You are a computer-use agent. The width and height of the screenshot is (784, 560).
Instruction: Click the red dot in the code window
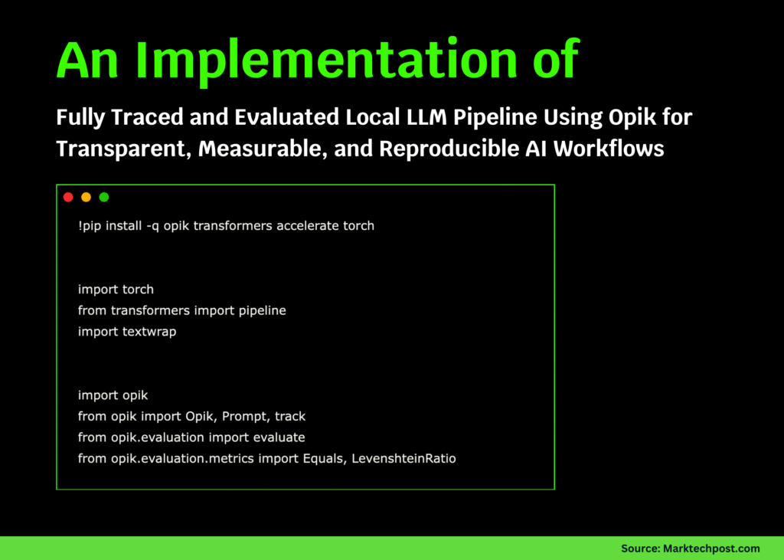click(68, 197)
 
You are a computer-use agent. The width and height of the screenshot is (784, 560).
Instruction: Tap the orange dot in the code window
click(86, 197)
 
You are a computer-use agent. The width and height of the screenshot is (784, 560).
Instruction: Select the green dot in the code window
click(104, 197)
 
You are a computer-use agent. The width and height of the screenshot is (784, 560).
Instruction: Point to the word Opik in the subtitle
click(599, 118)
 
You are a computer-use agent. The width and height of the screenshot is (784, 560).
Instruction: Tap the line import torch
click(116, 290)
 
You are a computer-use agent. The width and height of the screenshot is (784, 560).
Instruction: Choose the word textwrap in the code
click(149, 332)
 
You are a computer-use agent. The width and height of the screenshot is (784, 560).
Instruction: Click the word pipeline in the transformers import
click(260, 310)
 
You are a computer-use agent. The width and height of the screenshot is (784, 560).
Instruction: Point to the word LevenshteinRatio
click(403, 458)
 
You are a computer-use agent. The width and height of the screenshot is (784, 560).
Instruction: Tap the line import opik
click(113, 395)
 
